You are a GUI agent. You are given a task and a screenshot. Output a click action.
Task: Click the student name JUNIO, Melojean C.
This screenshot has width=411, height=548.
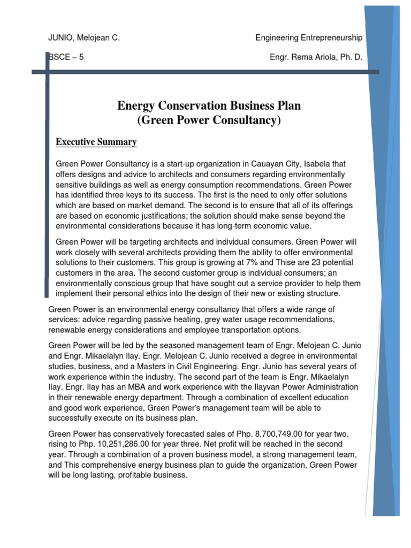(x=84, y=38)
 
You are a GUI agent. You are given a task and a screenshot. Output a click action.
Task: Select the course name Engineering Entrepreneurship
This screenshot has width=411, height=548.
(x=308, y=38)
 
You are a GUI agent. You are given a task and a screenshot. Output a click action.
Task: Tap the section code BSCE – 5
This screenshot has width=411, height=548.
(x=66, y=58)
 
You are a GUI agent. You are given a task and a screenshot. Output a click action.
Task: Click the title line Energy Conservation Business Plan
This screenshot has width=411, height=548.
(x=209, y=106)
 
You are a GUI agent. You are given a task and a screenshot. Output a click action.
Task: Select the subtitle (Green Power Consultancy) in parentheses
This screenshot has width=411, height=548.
(x=209, y=120)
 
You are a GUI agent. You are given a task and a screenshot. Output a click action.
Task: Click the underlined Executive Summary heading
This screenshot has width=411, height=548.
(x=96, y=142)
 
